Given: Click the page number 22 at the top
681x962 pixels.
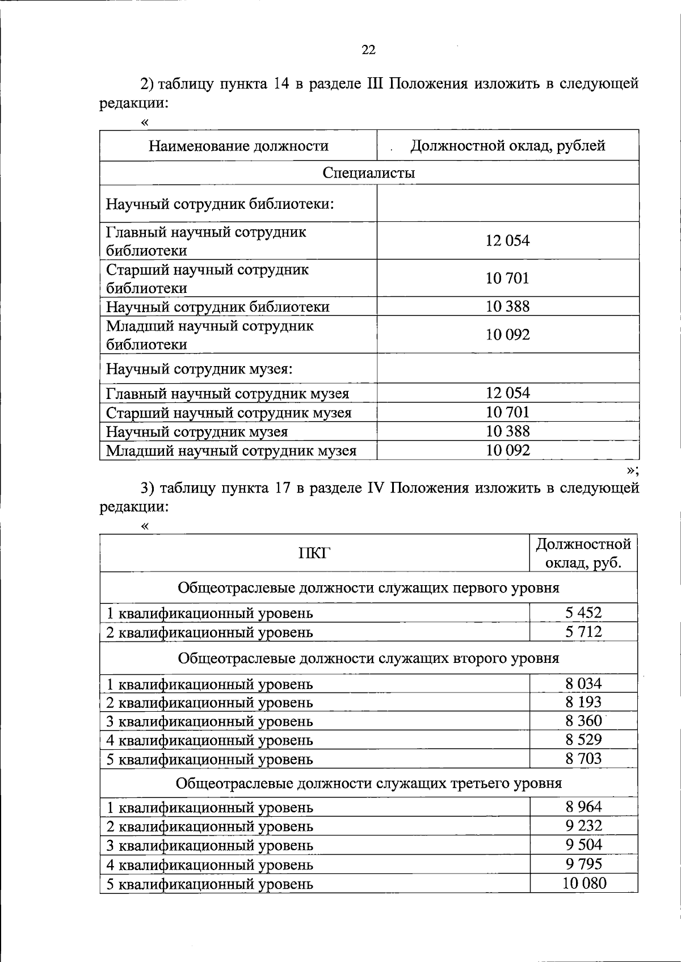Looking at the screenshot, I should (x=368, y=50).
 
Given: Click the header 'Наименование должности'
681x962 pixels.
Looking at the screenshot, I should (x=238, y=146).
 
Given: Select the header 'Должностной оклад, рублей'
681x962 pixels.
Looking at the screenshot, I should (x=507, y=146).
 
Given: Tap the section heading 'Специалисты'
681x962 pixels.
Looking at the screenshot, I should (x=368, y=173).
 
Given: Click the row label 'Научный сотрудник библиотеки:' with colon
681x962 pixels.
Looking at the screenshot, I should (x=220, y=203).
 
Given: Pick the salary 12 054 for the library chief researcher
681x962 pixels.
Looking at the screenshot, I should (x=507, y=241).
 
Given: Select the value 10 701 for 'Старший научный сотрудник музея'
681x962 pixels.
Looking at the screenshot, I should (x=507, y=412).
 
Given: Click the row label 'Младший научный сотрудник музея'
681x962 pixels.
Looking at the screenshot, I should (x=232, y=451).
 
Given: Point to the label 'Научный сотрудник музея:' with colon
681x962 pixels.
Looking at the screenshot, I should (x=199, y=369).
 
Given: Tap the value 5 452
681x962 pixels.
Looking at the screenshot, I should (x=583, y=612).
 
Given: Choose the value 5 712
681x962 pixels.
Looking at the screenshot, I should (x=583, y=631).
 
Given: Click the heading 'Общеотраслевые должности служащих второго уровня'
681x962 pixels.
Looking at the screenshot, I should (x=368, y=658).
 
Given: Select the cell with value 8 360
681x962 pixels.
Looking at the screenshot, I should (x=583, y=721).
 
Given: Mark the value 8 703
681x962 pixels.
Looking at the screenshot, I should (x=583, y=758).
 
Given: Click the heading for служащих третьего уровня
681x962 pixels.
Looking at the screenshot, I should (x=368, y=783).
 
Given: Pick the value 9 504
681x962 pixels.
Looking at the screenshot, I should (x=583, y=845).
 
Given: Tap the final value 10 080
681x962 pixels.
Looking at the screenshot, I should (x=584, y=883).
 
